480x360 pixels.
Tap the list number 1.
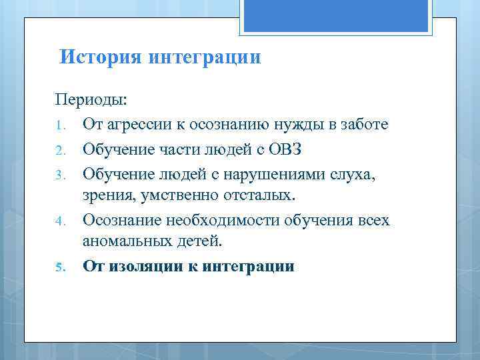pyautogui.click(x=59, y=125)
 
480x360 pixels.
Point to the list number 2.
pyautogui.click(x=59, y=149)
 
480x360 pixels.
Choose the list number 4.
pyautogui.click(x=59, y=220)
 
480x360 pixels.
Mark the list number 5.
pyautogui.click(x=59, y=267)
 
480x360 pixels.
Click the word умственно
pyautogui.click(x=173, y=195)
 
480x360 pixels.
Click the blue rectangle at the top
pyautogui.click(x=336, y=16)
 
